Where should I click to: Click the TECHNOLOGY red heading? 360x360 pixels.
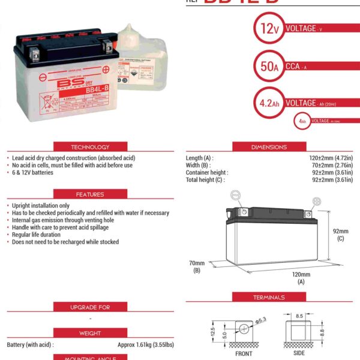click(90, 147)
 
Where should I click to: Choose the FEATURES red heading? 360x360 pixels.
click(90, 194)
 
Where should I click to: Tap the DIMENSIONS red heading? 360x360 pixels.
click(269, 147)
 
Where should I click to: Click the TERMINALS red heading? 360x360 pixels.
click(269, 297)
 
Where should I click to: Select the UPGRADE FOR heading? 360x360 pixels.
click(90, 307)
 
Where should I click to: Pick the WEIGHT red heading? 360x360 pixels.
click(90, 333)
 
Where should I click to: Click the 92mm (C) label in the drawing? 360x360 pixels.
click(340, 233)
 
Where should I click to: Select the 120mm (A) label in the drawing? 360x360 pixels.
click(301, 277)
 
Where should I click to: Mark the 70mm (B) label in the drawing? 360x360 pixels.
click(197, 266)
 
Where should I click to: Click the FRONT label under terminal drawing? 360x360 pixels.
click(244, 353)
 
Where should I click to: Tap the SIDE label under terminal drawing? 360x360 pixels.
click(299, 353)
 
